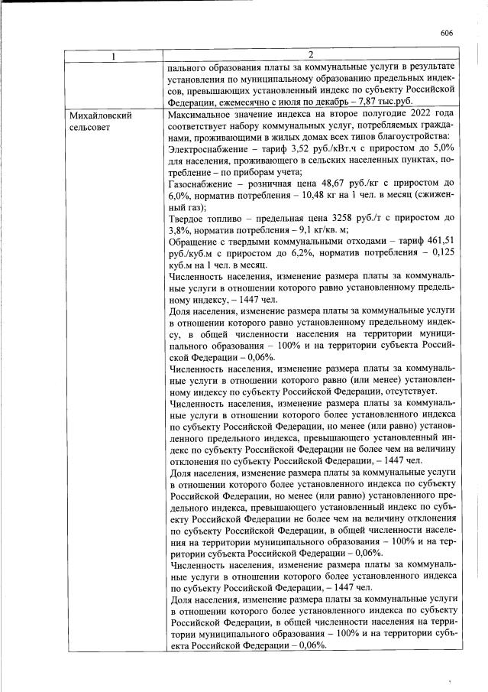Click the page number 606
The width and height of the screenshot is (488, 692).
(448, 32)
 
